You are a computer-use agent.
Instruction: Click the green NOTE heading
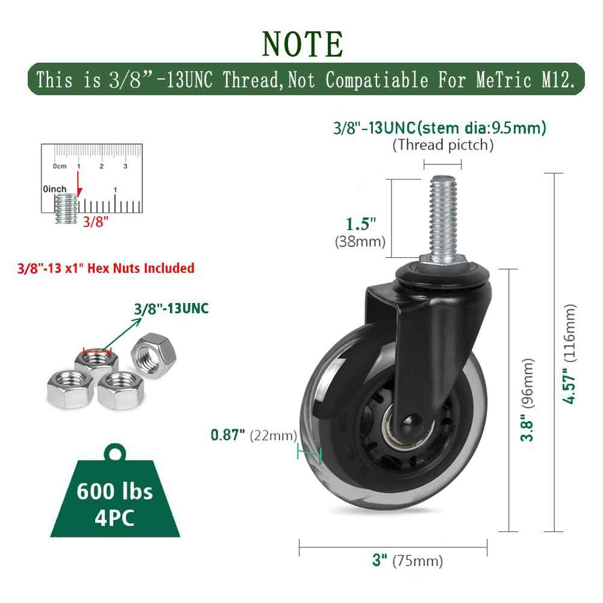coord(302,44)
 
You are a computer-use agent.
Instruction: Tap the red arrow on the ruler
coord(79,184)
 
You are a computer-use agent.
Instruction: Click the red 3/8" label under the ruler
coord(96,222)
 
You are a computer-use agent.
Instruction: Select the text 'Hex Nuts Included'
coord(141,268)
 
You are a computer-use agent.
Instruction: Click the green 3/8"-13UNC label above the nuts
coord(171,308)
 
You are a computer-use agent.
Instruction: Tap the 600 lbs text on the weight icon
coord(114,491)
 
